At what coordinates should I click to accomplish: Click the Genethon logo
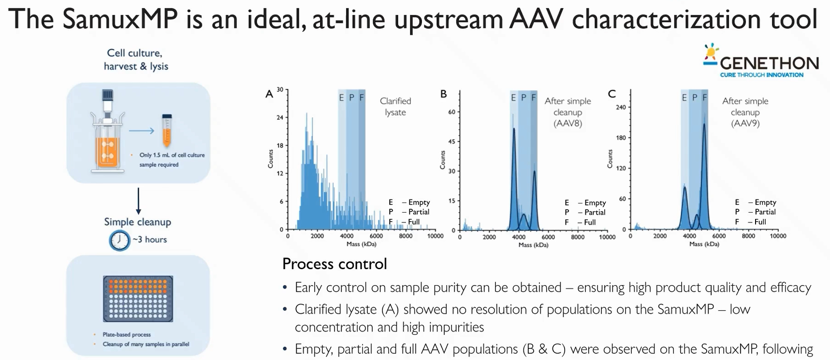pyautogui.click(x=761, y=62)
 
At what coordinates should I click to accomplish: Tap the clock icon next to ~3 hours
pyautogui.click(x=119, y=240)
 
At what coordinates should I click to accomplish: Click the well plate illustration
pyautogui.click(x=138, y=299)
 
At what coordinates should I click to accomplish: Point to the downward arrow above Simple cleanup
pyautogui.click(x=138, y=201)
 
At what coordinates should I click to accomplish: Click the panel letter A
pyautogui.click(x=269, y=94)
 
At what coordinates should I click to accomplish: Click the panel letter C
pyautogui.click(x=612, y=94)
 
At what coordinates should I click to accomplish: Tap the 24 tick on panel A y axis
pyautogui.click(x=280, y=117)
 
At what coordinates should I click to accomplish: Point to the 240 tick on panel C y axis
pyautogui.click(x=621, y=107)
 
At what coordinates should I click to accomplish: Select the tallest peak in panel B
pyautogui.click(x=513, y=130)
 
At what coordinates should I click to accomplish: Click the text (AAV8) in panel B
pyautogui.click(x=568, y=123)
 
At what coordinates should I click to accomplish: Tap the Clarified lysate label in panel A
pyautogui.click(x=395, y=106)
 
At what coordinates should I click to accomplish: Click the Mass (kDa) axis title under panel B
pyautogui.click(x=533, y=245)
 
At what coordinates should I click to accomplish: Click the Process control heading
pyautogui.click(x=335, y=264)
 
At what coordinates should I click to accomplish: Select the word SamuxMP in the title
pyautogui.click(x=120, y=19)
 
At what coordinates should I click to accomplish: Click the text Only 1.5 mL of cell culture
pyautogui.click(x=172, y=155)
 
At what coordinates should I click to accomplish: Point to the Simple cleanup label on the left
pyautogui.click(x=138, y=222)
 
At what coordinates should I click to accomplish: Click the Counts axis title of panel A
pyautogui.click(x=271, y=159)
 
